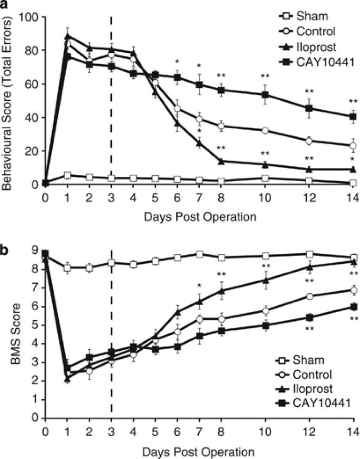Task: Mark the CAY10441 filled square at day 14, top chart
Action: coord(353,116)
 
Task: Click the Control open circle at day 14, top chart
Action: coord(353,146)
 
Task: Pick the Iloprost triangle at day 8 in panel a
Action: coord(222,162)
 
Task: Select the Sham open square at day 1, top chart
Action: coord(68,175)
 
